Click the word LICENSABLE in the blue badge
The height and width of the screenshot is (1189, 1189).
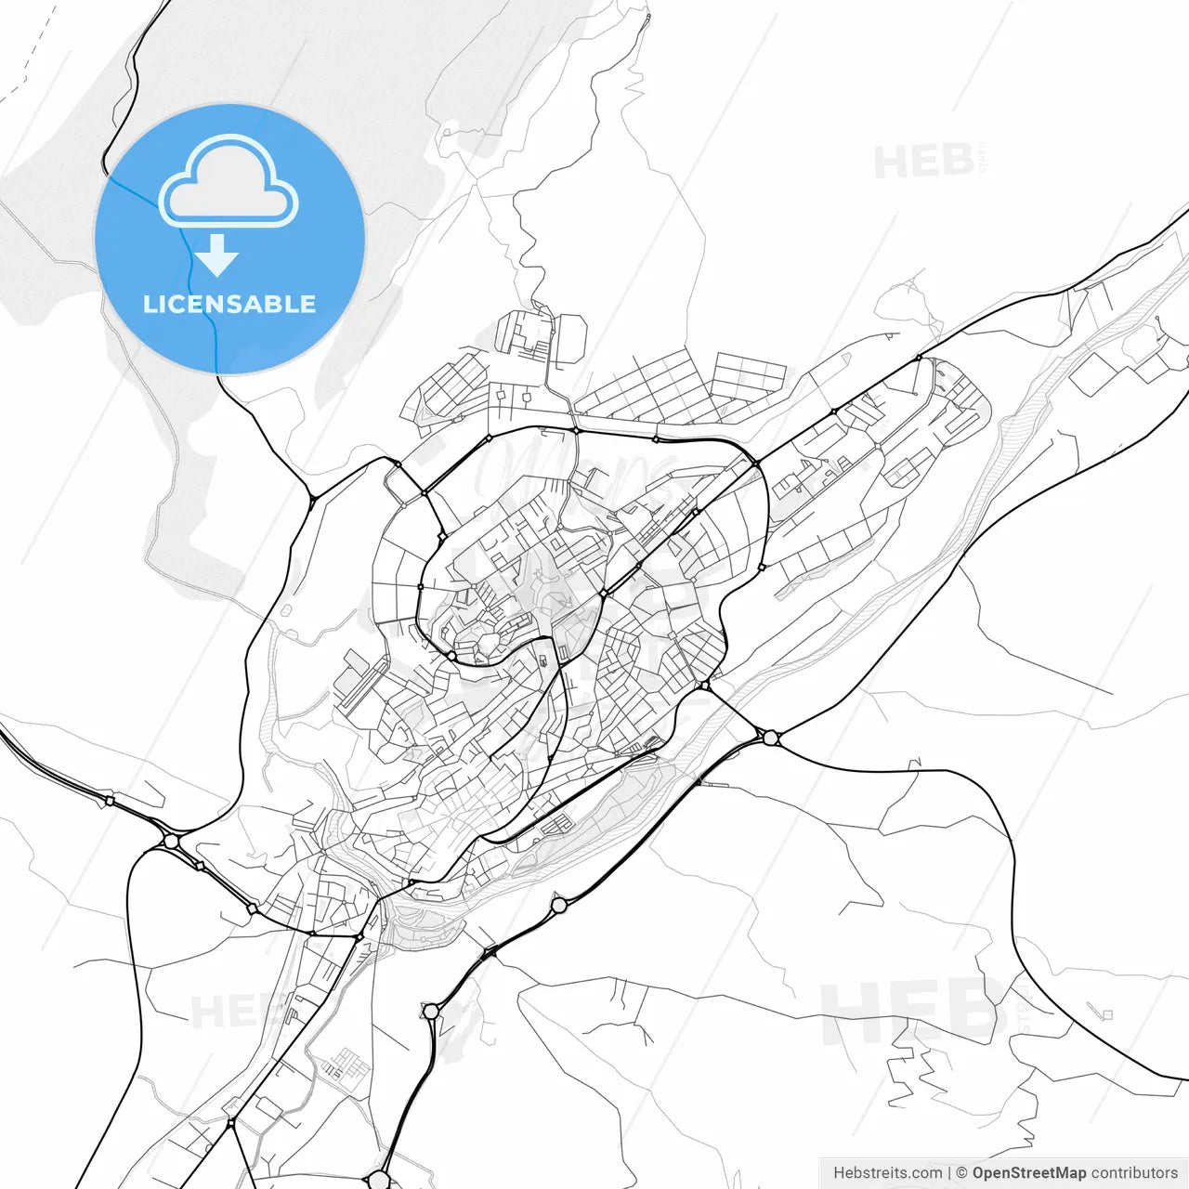(x=229, y=305)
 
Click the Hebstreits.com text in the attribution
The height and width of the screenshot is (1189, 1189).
(x=887, y=1173)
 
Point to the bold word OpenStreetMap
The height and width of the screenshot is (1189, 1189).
(x=1029, y=1173)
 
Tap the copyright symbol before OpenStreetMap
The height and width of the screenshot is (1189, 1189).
(x=962, y=1173)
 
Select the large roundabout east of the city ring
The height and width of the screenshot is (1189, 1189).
(x=770, y=738)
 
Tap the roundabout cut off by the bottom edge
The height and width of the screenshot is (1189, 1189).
(x=379, y=1181)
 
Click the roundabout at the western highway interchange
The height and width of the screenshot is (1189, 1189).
(x=170, y=842)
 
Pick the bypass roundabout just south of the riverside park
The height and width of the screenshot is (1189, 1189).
(x=558, y=905)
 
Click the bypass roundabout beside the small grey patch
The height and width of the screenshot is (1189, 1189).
(x=430, y=1011)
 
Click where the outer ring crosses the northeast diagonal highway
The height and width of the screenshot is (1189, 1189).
(x=755, y=463)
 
